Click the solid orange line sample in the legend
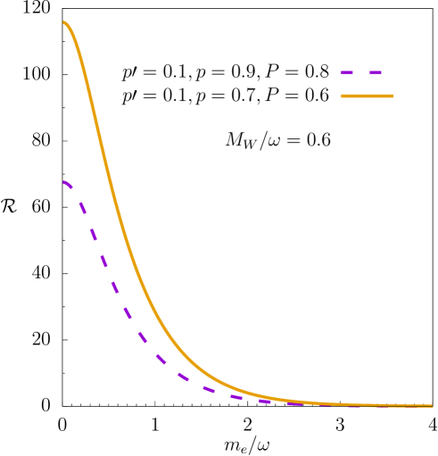pos(366,95)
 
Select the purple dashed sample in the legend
pos(360,72)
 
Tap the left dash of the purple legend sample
pos(346,72)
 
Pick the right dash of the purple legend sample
pos(375,72)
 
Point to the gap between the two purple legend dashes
pos(360,72)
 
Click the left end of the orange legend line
pos(342,95)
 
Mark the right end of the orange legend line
pos(392,95)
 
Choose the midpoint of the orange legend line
pos(367,95)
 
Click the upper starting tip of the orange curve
pos(64,22)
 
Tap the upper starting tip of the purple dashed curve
pos(64,182)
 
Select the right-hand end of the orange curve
pos(432,406)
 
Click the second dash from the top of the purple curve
pos(81,207)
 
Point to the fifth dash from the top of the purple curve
pos(114,287)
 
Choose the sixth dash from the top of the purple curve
pos(127,311)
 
